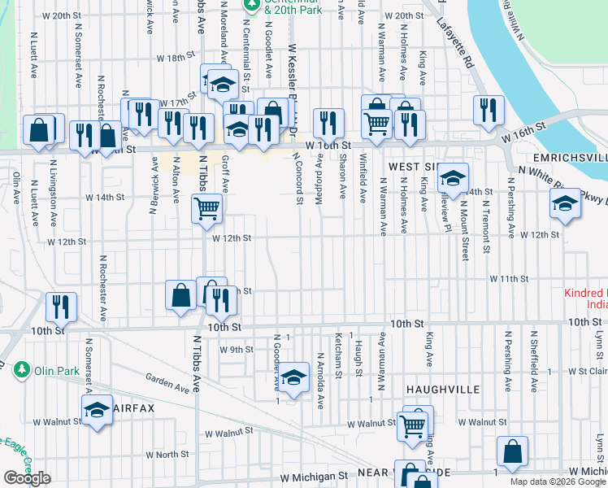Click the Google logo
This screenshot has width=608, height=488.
tap(28, 478)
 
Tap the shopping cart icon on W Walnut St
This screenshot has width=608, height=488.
tap(413, 425)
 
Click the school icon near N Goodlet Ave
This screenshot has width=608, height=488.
tap(295, 377)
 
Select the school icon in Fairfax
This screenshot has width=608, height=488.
tap(97, 411)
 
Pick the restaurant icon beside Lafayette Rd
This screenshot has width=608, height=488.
tap(488, 112)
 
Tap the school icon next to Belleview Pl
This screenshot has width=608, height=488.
tap(454, 177)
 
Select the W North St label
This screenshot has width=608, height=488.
tap(167, 455)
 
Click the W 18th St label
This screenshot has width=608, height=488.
tap(177, 59)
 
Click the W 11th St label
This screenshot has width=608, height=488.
tap(509, 278)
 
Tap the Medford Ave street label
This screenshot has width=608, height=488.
tap(320, 171)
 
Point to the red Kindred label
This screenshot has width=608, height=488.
tap(586, 293)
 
